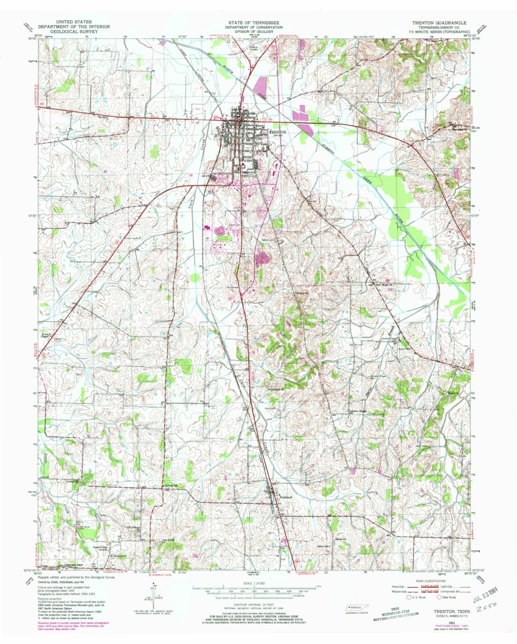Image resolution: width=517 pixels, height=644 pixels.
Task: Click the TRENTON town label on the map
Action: point(277,131)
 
